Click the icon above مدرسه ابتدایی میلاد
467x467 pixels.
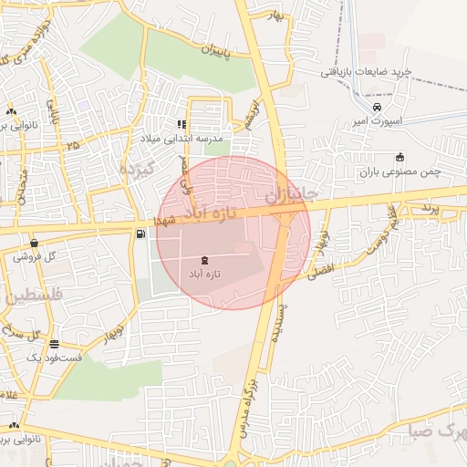tap(182, 124)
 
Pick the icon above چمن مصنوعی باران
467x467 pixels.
tap(400, 157)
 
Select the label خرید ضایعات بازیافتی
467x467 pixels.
tap(371, 70)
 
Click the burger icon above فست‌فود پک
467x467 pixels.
tap(55, 345)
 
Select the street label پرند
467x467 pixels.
tap(430, 209)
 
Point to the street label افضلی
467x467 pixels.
tap(321, 268)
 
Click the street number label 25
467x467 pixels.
tap(72, 144)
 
